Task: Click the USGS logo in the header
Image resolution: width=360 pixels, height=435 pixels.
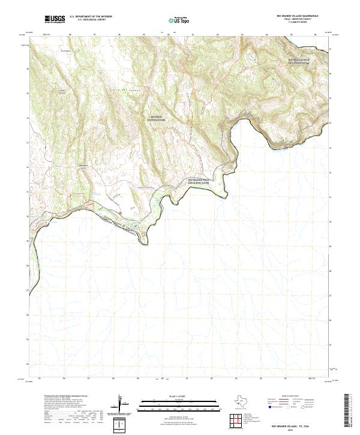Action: (55, 19)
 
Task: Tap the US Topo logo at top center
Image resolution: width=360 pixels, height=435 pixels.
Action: (179, 19)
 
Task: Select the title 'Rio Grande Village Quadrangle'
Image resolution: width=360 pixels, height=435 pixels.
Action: (306, 15)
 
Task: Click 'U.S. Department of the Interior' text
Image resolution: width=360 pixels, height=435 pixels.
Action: (91, 16)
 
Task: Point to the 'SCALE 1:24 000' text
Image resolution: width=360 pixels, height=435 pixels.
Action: (179, 395)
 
